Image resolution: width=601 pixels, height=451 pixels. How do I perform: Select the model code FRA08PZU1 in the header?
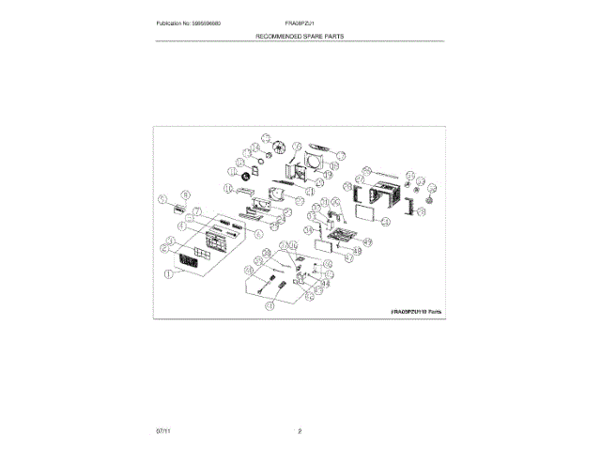[300, 23]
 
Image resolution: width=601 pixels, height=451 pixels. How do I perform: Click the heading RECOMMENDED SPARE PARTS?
[299, 35]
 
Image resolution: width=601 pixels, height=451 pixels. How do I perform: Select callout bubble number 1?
[170, 274]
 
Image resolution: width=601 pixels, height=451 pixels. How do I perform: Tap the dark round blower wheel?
[247, 176]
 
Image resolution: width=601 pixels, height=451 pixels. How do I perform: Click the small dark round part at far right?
[430, 199]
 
